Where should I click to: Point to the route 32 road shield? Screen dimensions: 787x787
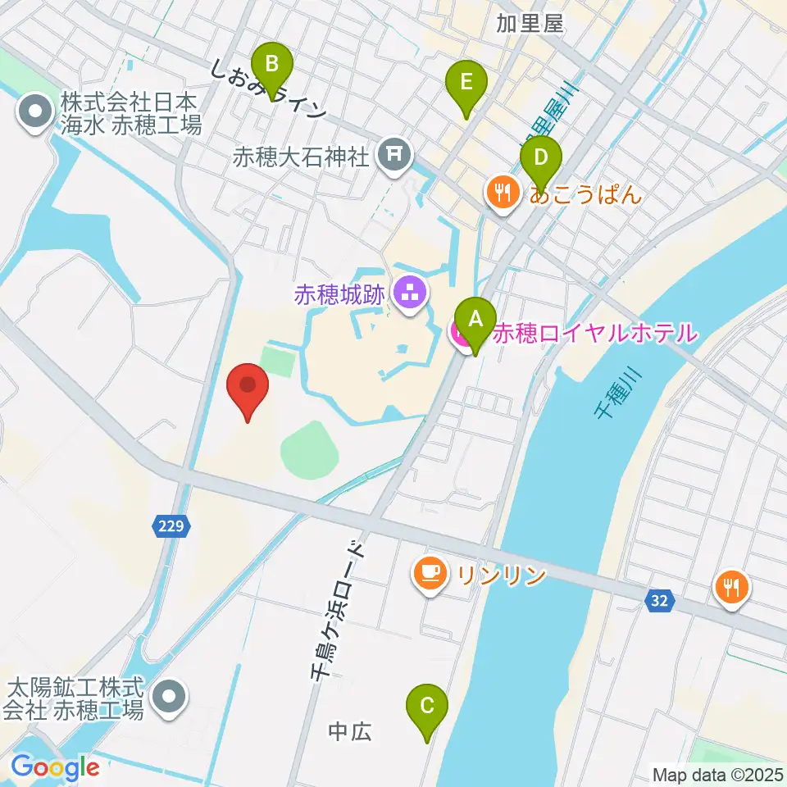[x=659, y=602]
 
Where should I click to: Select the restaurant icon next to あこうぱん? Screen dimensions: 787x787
[x=500, y=194]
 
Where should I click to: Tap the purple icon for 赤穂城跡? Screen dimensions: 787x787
[x=407, y=292]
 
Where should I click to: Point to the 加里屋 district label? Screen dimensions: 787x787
[x=531, y=23]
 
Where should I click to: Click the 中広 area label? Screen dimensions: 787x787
[x=350, y=731]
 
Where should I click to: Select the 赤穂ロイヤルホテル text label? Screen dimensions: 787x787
[x=594, y=334]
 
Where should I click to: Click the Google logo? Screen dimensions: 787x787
[x=55, y=767]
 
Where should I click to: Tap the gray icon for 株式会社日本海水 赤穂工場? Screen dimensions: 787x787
[x=35, y=115]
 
